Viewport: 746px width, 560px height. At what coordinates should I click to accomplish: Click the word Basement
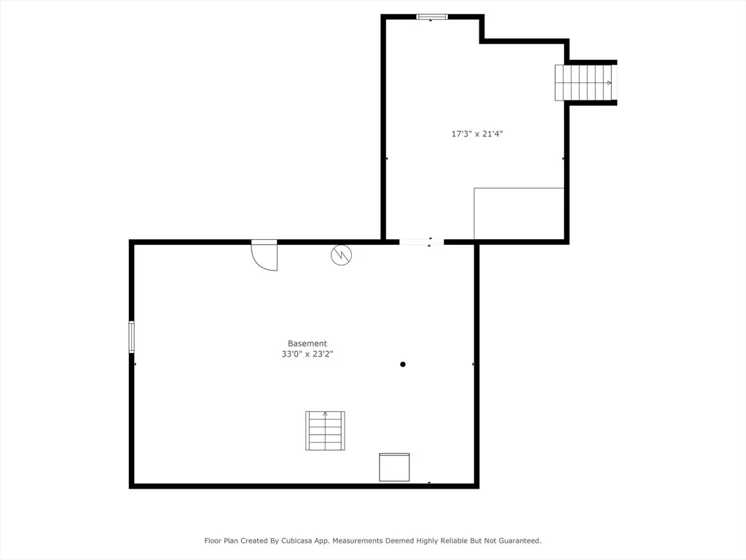click(x=307, y=343)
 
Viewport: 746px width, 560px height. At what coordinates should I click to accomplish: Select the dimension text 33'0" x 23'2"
click(x=307, y=354)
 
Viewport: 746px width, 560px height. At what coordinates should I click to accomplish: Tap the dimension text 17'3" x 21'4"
click(x=476, y=134)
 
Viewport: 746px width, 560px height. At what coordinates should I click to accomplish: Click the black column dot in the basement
click(x=402, y=365)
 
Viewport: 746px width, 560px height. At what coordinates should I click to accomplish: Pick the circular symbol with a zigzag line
click(x=341, y=255)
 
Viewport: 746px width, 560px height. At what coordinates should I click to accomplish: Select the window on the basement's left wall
click(x=131, y=337)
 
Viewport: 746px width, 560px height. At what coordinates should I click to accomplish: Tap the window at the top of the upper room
click(x=431, y=17)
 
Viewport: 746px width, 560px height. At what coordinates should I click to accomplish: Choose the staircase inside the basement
click(x=325, y=430)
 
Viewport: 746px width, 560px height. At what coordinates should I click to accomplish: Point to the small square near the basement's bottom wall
click(x=394, y=467)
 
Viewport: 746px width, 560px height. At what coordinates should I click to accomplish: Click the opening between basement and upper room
click(x=421, y=242)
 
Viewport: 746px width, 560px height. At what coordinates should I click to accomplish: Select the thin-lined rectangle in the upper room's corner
click(x=519, y=214)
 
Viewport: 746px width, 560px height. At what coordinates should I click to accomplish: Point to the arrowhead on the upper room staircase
click(x=609, y=83)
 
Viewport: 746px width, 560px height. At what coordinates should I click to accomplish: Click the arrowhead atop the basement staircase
click(x=325, y=414)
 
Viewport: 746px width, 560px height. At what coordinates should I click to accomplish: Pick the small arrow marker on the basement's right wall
click(x=473, y=365)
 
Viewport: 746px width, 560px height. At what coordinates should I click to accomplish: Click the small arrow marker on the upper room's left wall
click(x=386, y=158)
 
